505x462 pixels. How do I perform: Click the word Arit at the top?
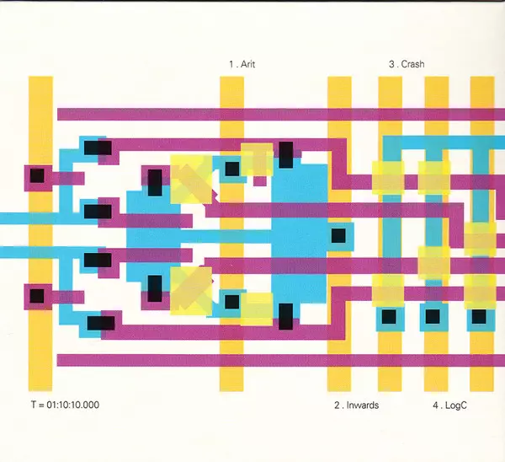[247, 64]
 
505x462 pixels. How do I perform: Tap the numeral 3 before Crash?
[391, 64]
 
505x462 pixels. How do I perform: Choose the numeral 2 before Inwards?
[337, 405]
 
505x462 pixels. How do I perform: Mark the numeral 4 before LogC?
[436, 405]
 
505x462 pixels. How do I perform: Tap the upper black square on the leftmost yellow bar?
[37, 177]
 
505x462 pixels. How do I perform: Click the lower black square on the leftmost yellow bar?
[37, 296]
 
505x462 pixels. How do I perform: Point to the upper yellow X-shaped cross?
[193, 179]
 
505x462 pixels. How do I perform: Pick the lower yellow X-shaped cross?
[193, 287]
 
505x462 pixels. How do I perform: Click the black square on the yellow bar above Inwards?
[338, 235]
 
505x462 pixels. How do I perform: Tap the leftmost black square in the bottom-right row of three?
[389, 316]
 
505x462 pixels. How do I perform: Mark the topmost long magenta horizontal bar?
[278, 114]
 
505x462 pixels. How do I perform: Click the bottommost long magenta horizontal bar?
[278, 360]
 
